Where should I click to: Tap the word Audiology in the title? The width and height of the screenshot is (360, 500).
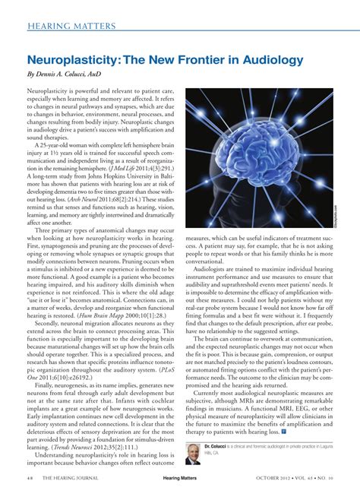click(273, 59)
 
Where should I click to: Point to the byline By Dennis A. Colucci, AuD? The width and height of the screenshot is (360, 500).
click(67, 74)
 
